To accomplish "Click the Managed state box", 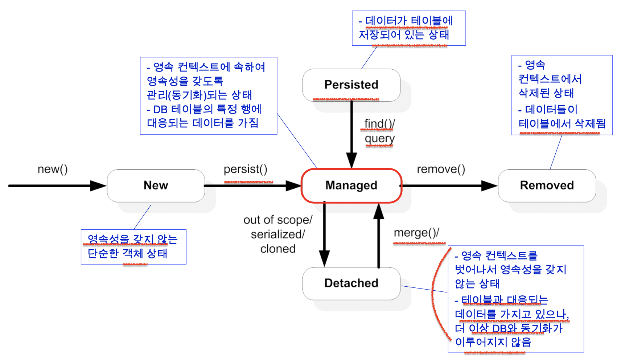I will tap(351, 185).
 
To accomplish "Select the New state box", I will tap(156, 185).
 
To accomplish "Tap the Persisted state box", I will tap(351, 85).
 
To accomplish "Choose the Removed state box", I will tap(547, 185).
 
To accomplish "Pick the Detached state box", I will tap(351, 283).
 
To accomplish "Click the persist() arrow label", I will tap(246, 169).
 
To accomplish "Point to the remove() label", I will tap(441, 169).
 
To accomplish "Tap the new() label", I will tap(53, 169).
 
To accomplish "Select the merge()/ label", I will tap(416, 233).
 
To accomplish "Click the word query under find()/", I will tap(379, 139).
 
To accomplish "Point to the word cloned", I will tap(278, 249).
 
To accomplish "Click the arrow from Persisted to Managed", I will tap(351, 134).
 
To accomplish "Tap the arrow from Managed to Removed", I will tap(450, 186).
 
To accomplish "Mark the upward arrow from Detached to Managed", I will tap(379, 236).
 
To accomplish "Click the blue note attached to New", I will tap(133, 247).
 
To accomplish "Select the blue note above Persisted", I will tap(408, 28).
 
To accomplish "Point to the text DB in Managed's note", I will tap(160, 109).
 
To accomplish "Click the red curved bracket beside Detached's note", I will tap(435, 294).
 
